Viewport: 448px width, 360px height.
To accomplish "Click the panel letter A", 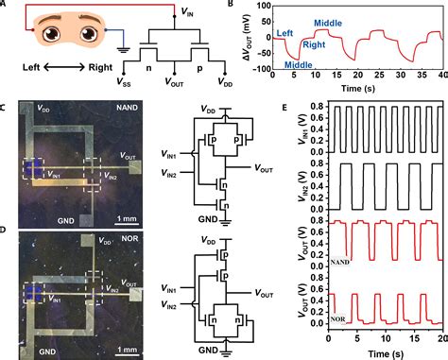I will pos(6,7).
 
